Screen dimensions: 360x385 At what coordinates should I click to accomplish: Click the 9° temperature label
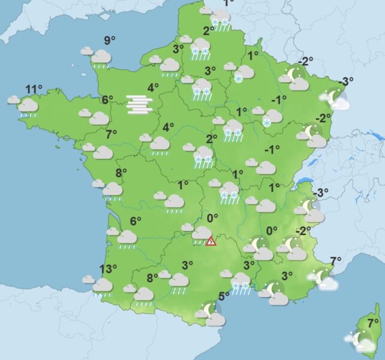tap(109, 41)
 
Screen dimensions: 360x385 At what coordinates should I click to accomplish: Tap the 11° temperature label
tap(34, 90)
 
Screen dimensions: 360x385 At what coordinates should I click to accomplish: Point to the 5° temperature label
tap(224, 296)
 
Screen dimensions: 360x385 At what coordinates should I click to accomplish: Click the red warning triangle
tap(211, 241)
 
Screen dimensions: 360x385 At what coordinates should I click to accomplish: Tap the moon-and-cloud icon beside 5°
tap(211, 313)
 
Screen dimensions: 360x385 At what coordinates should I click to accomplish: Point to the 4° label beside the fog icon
tap(153, 88)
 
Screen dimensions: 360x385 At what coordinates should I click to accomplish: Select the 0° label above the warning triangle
tap(212, 218)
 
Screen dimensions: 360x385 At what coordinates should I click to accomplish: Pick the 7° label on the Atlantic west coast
tap(110, 134)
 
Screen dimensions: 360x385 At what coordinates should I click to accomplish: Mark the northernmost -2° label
tap(307, 61)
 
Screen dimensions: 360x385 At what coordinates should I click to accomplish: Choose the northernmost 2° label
tap(209, 31)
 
